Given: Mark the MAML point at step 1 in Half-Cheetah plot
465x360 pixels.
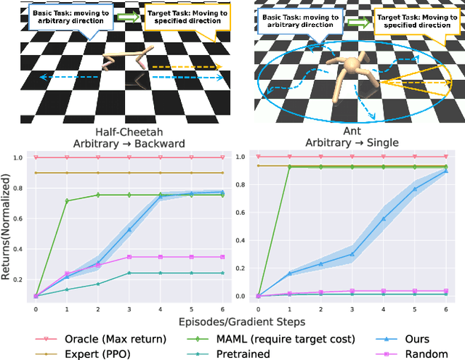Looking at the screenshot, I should (66, 201).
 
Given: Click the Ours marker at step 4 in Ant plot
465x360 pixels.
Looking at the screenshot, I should (384, 218).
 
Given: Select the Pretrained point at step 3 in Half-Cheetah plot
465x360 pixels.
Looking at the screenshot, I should (129, 273).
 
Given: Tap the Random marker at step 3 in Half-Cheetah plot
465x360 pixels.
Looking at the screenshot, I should (129, 257).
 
